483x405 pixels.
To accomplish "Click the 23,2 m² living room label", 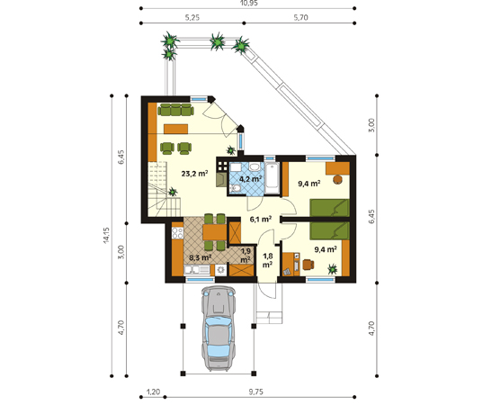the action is [194, 174].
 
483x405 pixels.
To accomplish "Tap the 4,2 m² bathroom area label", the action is [250, 179].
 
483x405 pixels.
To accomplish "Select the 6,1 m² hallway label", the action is [260, 219].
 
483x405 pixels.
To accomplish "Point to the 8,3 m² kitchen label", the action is [200, 257].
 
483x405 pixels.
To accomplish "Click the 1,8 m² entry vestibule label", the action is [267, 260].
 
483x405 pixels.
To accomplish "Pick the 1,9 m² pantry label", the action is [246, 256].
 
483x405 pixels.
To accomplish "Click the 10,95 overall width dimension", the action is [248, 3].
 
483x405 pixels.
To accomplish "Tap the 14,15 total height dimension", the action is [106, 236].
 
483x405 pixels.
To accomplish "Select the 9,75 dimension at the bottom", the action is [255, 391].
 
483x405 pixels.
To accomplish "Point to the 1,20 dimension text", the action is [153, 391].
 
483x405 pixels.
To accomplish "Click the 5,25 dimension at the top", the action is [192, 18].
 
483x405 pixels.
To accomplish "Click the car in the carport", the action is [219, 328].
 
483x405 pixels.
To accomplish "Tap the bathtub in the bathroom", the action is [273, 178].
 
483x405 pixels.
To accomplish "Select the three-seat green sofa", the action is [175, 110].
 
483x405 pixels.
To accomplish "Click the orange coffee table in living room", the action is [176, 129].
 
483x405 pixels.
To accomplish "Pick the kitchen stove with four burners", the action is [177, 233].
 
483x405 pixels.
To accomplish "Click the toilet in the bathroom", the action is [235, 188].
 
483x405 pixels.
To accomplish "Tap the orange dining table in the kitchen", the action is [215, 232].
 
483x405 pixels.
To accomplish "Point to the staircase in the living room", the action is [164, 189].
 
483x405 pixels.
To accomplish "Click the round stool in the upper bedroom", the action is [337, 179].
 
